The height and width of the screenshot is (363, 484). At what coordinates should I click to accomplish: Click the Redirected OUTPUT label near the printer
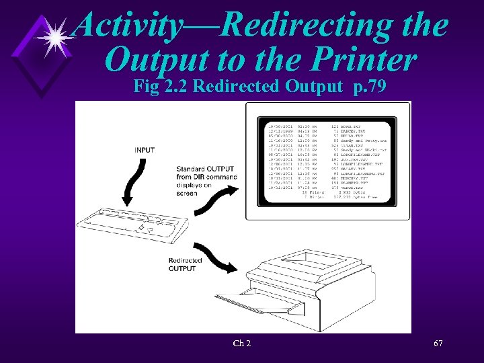click(183, 264)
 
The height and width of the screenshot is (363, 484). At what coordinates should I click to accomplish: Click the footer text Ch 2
click(242, 344)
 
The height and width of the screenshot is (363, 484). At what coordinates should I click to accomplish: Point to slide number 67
click(438, 344)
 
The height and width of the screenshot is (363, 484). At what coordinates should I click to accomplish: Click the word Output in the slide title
click(155, 60)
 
